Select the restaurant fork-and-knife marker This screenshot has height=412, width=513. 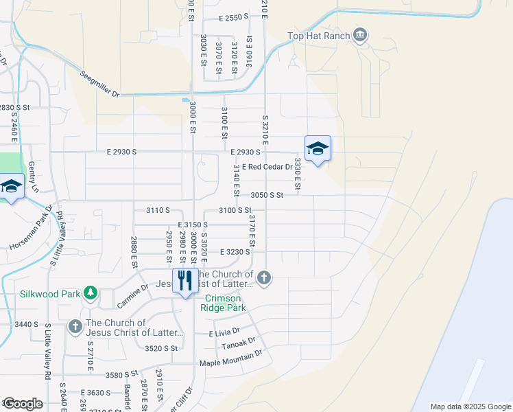pos(184,282)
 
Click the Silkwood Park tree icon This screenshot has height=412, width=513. pos(90,293)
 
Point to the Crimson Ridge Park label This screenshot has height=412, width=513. pos(224,303)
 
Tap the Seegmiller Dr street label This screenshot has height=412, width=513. pos(99,84)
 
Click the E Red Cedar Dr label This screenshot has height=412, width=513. pos(266,166)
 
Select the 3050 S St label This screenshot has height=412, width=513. pos(267,195)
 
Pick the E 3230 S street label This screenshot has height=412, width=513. pos(235,252)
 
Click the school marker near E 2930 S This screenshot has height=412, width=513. pos(318,149)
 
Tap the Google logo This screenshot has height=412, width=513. pos(22,404)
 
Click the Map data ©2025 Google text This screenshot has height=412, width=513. pos(470,407)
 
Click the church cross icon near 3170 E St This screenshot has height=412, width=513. pos(263,277)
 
